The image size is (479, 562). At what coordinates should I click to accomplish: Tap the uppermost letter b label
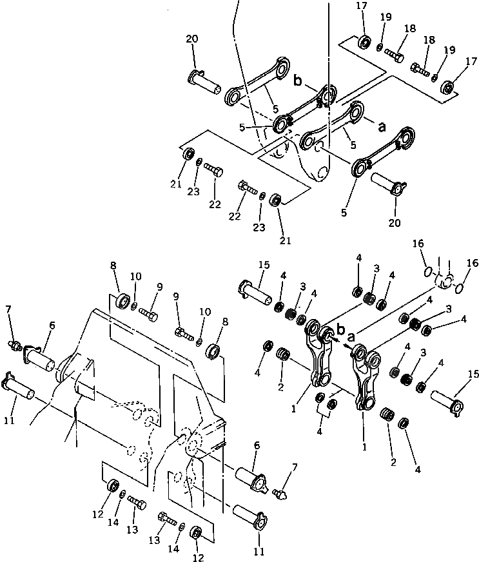298,80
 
